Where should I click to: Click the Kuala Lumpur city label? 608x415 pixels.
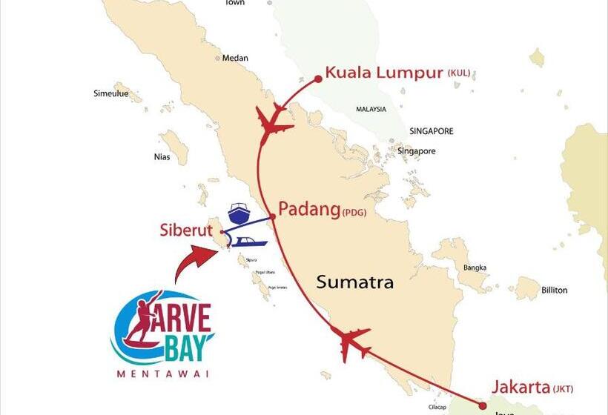[x=384, y=73]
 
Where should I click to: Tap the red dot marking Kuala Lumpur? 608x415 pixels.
[x=318, y=77]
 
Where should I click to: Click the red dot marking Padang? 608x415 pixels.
[x=272, y=216]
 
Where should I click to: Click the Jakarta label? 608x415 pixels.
[x=521, y=387]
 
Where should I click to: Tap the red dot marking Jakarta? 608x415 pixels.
[x=482, y=405]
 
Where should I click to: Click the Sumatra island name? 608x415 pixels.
[x=354, y=282]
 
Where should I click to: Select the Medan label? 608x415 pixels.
[x=236, y=59]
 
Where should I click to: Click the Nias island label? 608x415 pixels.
[x=162, y=156]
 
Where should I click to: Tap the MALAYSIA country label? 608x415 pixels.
[x=371, y=109]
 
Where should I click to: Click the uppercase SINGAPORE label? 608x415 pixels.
[x=431, y=131]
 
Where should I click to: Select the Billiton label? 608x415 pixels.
[x=554, y=290]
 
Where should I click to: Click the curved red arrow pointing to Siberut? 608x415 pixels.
[x=195, y=262]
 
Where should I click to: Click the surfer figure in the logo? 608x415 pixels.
[x=142, y=322]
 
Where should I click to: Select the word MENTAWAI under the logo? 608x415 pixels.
[x=162, y=373]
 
